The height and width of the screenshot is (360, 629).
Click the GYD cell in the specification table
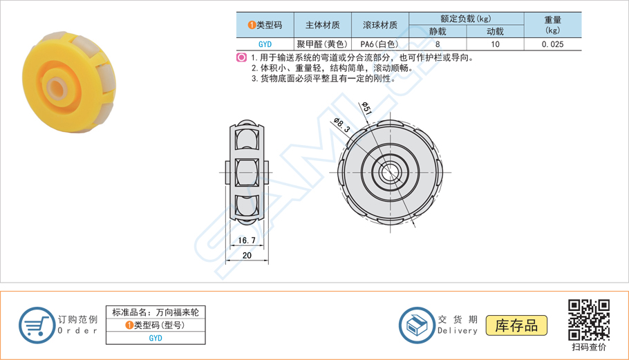[265, 44]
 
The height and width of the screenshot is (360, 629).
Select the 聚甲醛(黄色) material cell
[323, 44]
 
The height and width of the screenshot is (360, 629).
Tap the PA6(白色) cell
[379, 44]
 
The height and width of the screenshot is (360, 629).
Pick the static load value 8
[438, 44]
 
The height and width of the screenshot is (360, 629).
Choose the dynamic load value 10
[495, 44]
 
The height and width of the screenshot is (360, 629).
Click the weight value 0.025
[552, 44]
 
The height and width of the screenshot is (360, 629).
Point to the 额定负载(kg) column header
[466, 19]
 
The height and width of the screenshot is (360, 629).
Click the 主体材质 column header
[323, 25]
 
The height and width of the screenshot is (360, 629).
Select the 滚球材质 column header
[379, 25]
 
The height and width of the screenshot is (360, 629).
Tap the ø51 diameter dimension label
[367, 108]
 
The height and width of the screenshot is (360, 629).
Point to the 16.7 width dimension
[247, 240]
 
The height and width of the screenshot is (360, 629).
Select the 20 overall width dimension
[247, 256]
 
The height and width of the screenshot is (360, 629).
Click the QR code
[588, 319]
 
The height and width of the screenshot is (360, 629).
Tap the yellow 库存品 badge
[516, 325]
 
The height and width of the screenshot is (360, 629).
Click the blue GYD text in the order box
[156, 338]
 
